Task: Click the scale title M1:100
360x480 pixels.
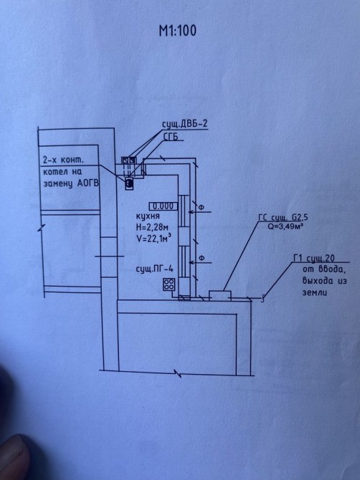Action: [x=178, y=31]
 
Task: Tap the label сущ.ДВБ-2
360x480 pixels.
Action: [x=185, y=124]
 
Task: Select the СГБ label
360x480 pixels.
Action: [x=171, y=137]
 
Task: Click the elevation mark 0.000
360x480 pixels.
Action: [x=163, y=206]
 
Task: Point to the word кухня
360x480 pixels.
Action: [x=148, y=216]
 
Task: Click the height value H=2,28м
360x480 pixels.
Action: [x=152, y=227]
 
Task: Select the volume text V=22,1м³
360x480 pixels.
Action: [x=153, y=239]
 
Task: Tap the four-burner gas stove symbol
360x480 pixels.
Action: [x=169, y=284]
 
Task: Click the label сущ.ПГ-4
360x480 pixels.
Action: [x=155, y=269]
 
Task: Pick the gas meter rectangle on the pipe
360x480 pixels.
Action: [x=220, y=296]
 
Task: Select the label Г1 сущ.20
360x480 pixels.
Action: [x=314, y=259]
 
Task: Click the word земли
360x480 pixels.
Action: [x=315, y=292]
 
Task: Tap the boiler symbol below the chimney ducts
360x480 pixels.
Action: [x=129, y=183]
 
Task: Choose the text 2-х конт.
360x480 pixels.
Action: [x=63, y=160]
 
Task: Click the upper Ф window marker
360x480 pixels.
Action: [x=202, y=208]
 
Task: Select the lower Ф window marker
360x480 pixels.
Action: [x=202, y=258]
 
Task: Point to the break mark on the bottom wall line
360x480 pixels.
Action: [x=178, y=373]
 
